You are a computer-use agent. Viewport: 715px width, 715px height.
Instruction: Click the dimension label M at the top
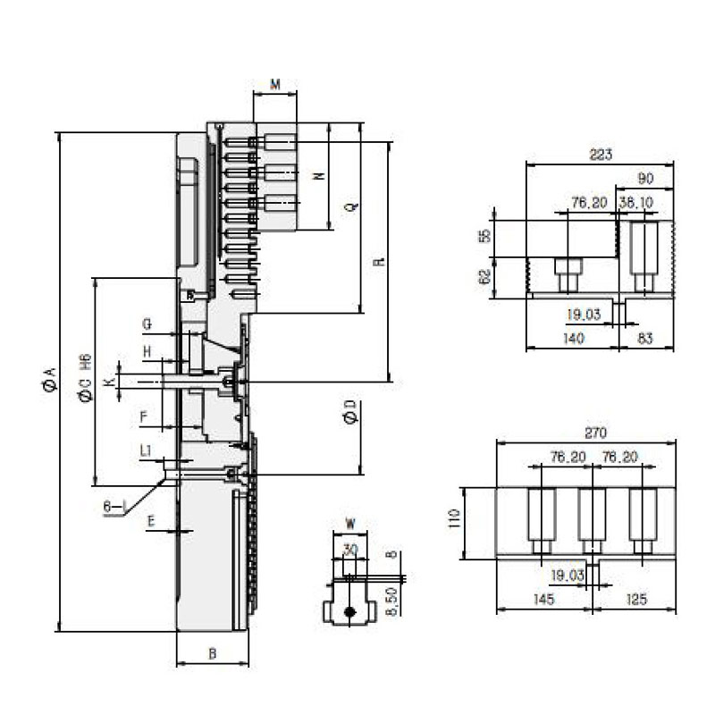[x=275, y=84]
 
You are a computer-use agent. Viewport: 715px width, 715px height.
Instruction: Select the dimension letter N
[x=318, y=176]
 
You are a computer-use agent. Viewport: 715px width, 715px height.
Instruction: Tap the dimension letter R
[x=379, y=263]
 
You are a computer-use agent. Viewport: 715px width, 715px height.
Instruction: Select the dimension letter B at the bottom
[x=213, y=653]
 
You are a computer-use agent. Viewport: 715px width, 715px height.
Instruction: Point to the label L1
[x=146, y=451]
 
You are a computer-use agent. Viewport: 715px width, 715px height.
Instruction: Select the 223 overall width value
[x=601, y=155]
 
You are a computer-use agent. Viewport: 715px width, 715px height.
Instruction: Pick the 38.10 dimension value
[x=635, y=203]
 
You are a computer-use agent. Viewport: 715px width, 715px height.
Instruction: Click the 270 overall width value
[x=595, y=433]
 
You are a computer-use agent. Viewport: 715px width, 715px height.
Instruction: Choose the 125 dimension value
[x=636, y=599]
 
